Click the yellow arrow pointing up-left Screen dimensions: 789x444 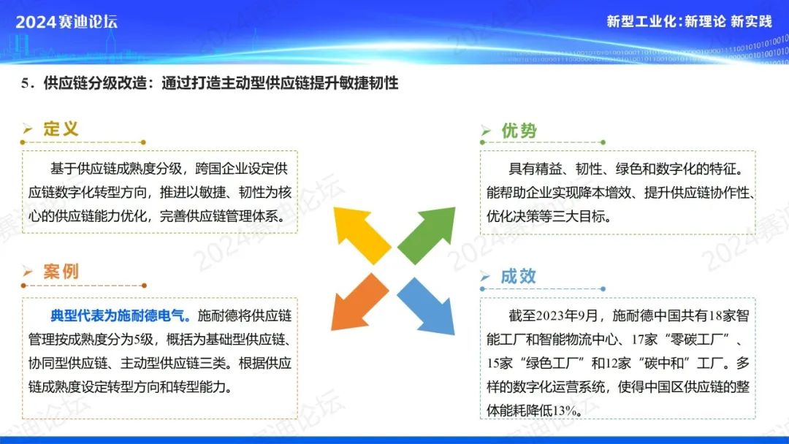point(361,234)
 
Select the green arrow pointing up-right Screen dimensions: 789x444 point(427,235)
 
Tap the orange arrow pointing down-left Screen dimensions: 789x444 point(359,302)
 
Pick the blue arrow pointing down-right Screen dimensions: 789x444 point(427,305)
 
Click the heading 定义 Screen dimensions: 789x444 point(61,129)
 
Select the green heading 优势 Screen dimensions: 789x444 point(519,131)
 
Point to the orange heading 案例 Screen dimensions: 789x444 point(61,272)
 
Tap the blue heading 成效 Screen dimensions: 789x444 point(518,276)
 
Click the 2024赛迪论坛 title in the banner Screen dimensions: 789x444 point(66,22)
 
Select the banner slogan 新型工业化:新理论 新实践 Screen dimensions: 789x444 point(689,21)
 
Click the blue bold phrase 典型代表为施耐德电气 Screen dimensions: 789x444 point(120,315)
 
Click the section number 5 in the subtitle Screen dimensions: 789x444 point(25,83)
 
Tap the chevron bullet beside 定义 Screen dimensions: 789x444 point(27,129)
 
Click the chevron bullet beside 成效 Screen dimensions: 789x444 point(485,276)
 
